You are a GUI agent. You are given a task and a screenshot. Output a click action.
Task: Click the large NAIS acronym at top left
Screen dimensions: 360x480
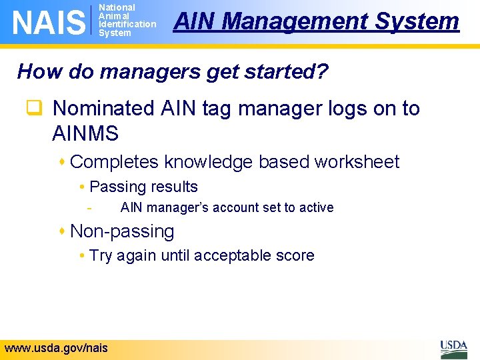pyautogui.click(x=49, y=22)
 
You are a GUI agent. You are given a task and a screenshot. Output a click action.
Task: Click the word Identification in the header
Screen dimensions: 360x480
pyautogui.click(x=127, y=25)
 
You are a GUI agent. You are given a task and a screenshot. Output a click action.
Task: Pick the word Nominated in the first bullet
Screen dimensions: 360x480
pyautogui.click(x=103, y=108)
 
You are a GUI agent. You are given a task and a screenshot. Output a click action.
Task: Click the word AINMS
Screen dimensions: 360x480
pyautogui.click(x=85, y=133)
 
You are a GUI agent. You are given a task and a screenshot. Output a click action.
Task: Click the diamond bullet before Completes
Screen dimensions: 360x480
pyautogui.click(x=62, y=162)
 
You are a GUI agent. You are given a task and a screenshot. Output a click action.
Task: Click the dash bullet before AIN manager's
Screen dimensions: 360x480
pyautogui.click(x=89, y=207)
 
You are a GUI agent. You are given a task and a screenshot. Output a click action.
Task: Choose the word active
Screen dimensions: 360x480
pyautogui.click(x=316, y=207)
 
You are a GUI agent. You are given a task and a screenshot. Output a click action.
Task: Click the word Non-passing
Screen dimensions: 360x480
pyautogui.click(x=122, y=231)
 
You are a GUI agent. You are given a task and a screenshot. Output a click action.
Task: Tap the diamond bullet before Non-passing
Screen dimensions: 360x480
pyautogui.click(x=62, y=231)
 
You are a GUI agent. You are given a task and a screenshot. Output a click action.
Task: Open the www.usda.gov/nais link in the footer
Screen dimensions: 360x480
pyautogui.click(x=56, y=347)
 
